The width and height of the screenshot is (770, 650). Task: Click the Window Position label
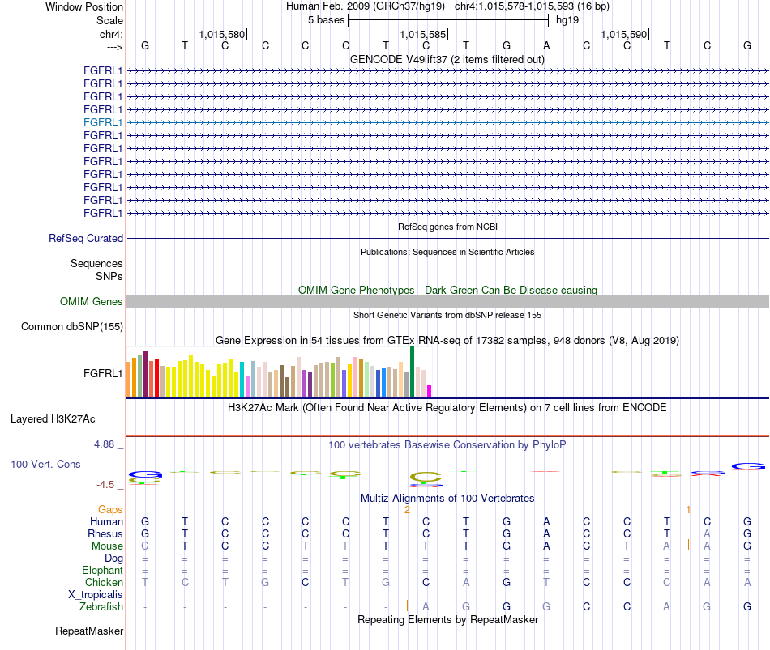(x=84, y=6)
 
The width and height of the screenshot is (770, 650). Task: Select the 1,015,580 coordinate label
(x=221, y=34)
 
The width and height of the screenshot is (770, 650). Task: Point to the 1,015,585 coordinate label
(x=422, y=34)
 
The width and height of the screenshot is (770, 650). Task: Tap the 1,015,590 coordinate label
(x=623, y=34)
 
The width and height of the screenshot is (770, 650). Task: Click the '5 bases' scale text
(x=326, y=20)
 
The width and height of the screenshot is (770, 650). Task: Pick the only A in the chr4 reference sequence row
(x=546, y=45)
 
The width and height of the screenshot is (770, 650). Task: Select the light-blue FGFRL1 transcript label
(x=103, y=123)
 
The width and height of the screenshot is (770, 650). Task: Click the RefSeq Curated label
(x=86, y=239)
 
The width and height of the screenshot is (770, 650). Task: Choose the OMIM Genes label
(x=92, y=302)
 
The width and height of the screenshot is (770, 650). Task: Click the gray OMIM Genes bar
(x=447, y=302)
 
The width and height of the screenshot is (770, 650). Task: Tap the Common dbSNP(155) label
(x=72, y=327)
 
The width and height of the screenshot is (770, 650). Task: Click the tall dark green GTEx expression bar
(x=412, y=372)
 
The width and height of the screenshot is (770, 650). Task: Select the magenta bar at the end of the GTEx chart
(x=430, y=391)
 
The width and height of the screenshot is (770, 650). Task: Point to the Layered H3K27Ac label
(x=53, y=419)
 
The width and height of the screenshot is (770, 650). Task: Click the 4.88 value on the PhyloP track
(x=104, y=444)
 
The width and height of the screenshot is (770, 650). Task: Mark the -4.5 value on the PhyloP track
(x=105, y=485)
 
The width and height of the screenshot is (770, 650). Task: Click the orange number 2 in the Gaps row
(x=407, y=510)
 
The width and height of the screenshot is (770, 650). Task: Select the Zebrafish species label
(x=101, y=607)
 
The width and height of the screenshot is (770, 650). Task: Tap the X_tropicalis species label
(x=96, y=595)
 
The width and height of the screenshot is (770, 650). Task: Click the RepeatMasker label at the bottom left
(x=89, y=631)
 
